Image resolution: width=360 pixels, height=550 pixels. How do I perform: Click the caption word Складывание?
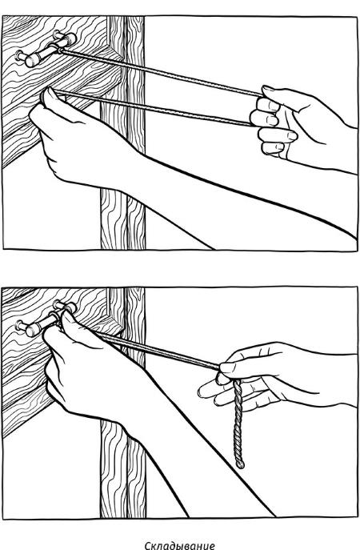(179, 544)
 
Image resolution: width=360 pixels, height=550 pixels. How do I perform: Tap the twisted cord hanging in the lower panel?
(238, 424)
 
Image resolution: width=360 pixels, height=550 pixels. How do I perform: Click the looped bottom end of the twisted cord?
(240, 465)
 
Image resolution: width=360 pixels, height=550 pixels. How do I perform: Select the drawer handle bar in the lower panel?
(46, 320)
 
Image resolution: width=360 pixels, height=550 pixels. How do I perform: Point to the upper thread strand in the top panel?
(162, 73)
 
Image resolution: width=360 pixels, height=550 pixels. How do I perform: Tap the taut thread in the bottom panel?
(158, 350)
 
